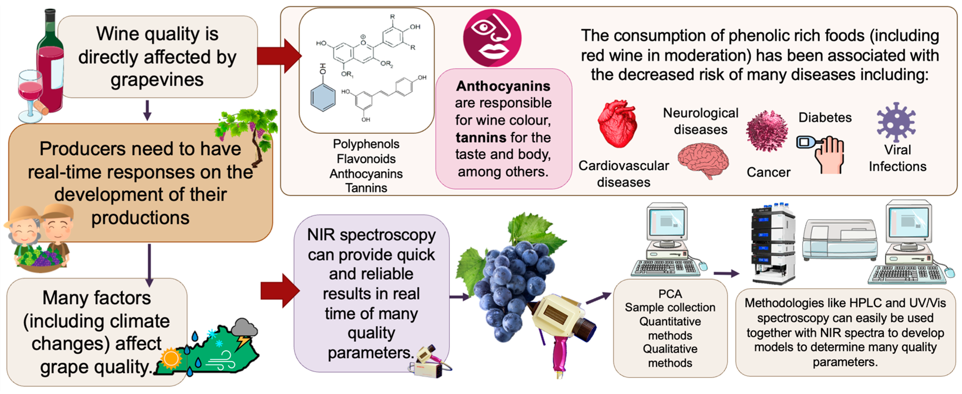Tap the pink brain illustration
tap(703, 160)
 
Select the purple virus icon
tap(896, 122)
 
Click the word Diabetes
tap(825, 118)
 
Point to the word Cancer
tap(768, 172)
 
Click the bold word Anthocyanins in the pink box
tap(503, 86)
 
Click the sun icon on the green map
tap(171, 358)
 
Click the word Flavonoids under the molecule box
tap(366, 159)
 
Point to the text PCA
tap(670, 294)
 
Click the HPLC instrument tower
tap(772, 243)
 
